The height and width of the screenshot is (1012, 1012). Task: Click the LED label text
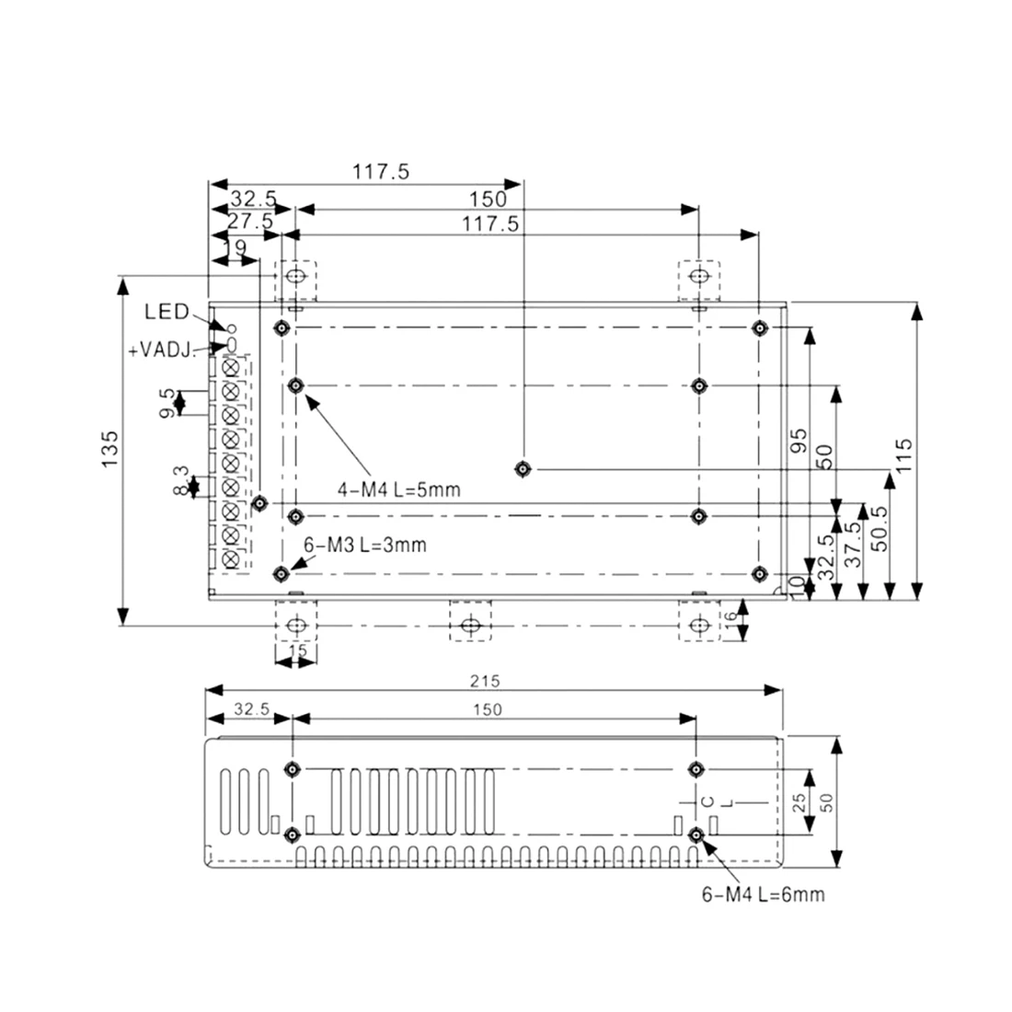[x=167, y=312]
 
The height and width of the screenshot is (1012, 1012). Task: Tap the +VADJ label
[x=159, y=349]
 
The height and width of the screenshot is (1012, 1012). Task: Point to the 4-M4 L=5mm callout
[x=397, y=490]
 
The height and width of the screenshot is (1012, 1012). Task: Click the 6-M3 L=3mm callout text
[x=365, y=545]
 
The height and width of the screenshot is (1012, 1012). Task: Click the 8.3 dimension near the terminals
[x=180, y=482]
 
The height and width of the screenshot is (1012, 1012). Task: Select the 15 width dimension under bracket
[x=296, y=650]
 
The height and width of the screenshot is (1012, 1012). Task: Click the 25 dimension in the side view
[x=799, y=801]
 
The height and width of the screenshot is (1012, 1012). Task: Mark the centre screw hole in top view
[x=523, y=469]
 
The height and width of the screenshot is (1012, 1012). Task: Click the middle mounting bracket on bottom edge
[x=470, y=625]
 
